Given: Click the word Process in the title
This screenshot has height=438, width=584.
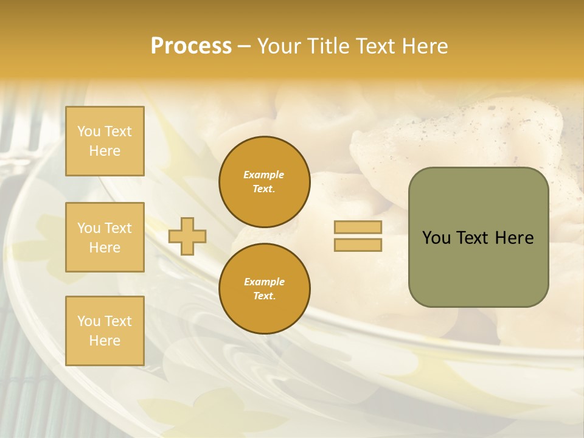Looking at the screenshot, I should [x=191, y=46].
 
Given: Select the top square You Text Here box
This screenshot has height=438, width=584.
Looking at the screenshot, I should [x=105, y=141].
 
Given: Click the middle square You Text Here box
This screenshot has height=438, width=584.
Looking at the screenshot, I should [x=105, y=237].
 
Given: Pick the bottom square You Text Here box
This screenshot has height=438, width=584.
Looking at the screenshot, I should [x=105, y=331].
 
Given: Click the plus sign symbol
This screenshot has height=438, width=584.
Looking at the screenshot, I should [x=187, y=236].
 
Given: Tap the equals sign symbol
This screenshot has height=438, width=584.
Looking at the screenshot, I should [x=358, y=236].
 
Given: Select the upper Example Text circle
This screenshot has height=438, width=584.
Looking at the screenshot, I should [x=264, y=182].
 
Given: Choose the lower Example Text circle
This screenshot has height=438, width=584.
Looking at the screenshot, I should [x=264, y=289].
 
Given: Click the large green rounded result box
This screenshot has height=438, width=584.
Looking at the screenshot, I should [x=478, y=237].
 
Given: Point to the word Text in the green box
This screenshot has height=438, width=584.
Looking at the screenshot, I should [x=474, y=238].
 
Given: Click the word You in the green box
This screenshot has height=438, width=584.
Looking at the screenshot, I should [x=436, y=238].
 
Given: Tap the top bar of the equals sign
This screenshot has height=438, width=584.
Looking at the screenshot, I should [x=358, y=228].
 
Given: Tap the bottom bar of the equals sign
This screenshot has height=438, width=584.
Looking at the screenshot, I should [x=358, y=245].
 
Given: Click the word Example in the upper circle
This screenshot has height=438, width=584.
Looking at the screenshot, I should [x=264, y=175].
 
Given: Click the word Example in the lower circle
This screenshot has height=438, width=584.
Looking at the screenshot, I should [x=264, y=282].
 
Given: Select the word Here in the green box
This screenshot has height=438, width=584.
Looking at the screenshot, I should [x=515, y=238].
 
